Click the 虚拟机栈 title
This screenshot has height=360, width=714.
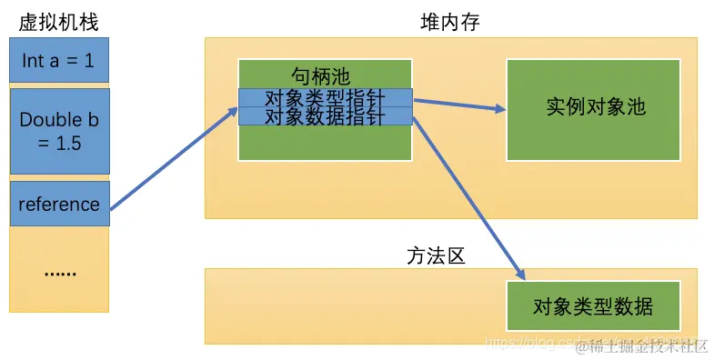[x=58, y=21]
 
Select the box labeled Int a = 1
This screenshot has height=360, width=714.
[x=59, y=63]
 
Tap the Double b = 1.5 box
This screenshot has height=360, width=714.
[x=59, y=131]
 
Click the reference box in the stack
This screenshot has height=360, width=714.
[x=59, y=204]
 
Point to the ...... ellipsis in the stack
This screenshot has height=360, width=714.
[x=59, y=271]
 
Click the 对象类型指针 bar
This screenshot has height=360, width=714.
[x=325, y=98]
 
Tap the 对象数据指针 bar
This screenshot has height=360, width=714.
[x=325, y=116]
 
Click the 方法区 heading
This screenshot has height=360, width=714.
[x=436, y=255]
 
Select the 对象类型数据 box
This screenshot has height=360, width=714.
[x=592, y=305]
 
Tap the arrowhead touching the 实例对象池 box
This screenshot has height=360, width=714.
[x=499, y=109]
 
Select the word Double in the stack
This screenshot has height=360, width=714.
[x=51, y=120]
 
